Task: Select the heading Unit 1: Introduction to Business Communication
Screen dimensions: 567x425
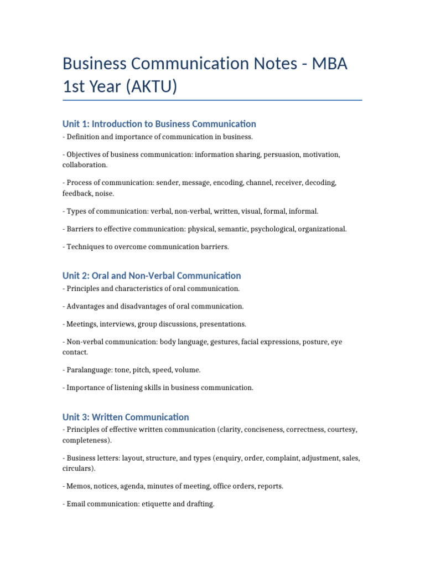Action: tap(159, 124)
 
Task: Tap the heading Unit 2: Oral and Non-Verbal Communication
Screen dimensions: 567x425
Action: tap(152, 276)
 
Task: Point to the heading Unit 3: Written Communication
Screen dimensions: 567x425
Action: tap(126, 417)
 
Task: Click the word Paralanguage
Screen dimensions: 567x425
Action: tap(88, 370)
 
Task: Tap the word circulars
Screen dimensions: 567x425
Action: tap(77, 468)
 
